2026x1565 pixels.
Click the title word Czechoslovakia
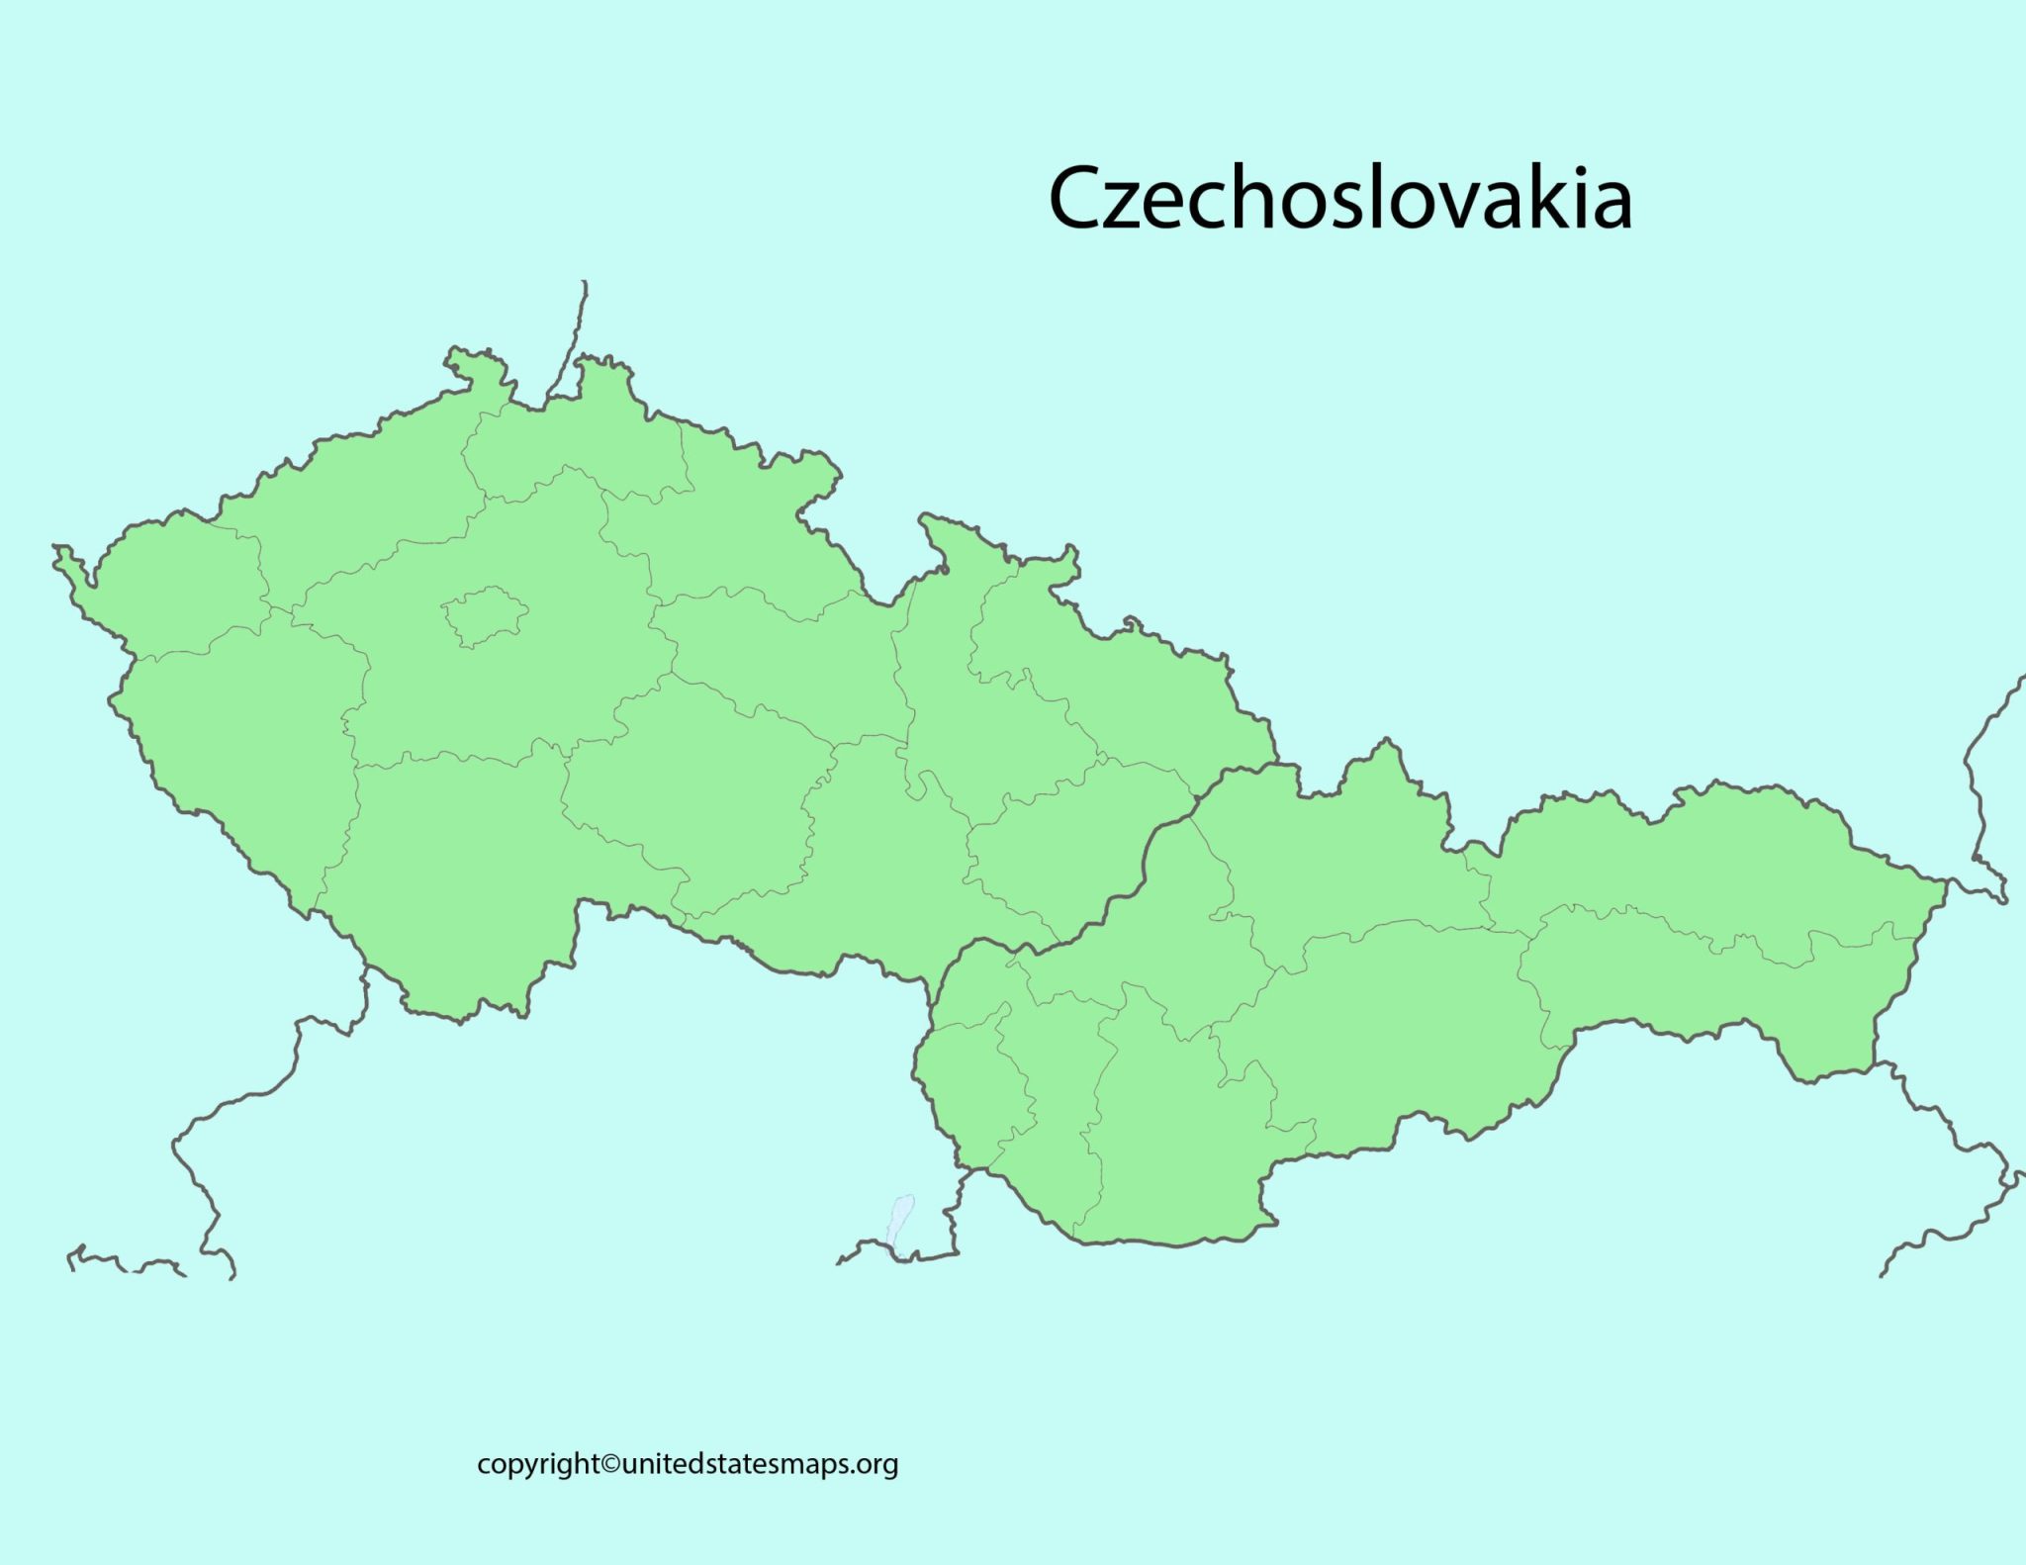[1339, 198]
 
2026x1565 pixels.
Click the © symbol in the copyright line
[611, 1464]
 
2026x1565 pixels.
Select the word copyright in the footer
[538, 1465]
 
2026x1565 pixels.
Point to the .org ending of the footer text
[875, 1464]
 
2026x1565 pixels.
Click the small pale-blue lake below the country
[900, 1218]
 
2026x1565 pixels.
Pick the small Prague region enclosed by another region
[484, 616]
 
